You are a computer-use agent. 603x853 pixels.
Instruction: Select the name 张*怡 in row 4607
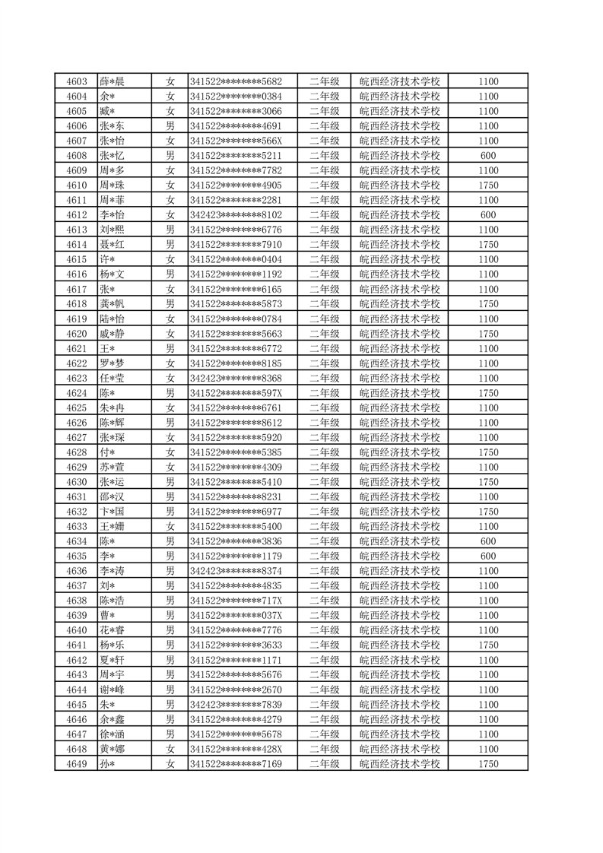[112, 141]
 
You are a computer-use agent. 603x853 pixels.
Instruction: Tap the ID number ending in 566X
[236, 141]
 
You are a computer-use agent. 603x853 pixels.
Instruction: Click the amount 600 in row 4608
[489, 156]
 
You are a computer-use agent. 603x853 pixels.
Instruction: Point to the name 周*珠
[112, 186]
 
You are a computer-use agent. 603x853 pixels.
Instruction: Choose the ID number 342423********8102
[236, 215]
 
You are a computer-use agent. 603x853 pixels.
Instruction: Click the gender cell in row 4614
[171, 245]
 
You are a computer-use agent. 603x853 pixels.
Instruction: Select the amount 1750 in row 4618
[489, 304]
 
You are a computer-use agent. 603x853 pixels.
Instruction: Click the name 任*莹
[112, 379]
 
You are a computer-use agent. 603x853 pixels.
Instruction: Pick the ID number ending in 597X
[236, 393]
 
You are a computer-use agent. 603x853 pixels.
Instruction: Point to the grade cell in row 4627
[325, 437]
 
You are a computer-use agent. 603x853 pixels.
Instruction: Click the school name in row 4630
[400, 482]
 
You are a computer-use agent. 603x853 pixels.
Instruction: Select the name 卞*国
[112, 512]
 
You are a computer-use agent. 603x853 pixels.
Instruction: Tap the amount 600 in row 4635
[489, 557]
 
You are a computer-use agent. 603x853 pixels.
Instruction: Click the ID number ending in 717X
[236, 601]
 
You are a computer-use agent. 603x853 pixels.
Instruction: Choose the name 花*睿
[112, 630]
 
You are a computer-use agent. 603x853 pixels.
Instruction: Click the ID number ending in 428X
[236, 749]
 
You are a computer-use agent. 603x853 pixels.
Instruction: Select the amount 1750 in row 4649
[489, 764]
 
